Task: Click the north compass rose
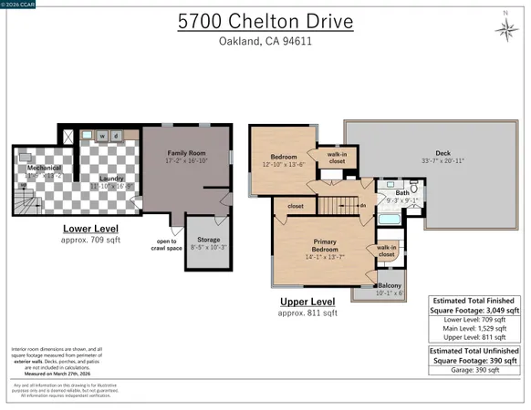pyautogui.click(x=507, y=29)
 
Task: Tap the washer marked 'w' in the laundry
pyautogui.click(x=102, y=137)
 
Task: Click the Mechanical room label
pyautogui.click(x=43, y=169)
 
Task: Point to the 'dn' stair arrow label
pyautogui.click(x=362, y=205)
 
